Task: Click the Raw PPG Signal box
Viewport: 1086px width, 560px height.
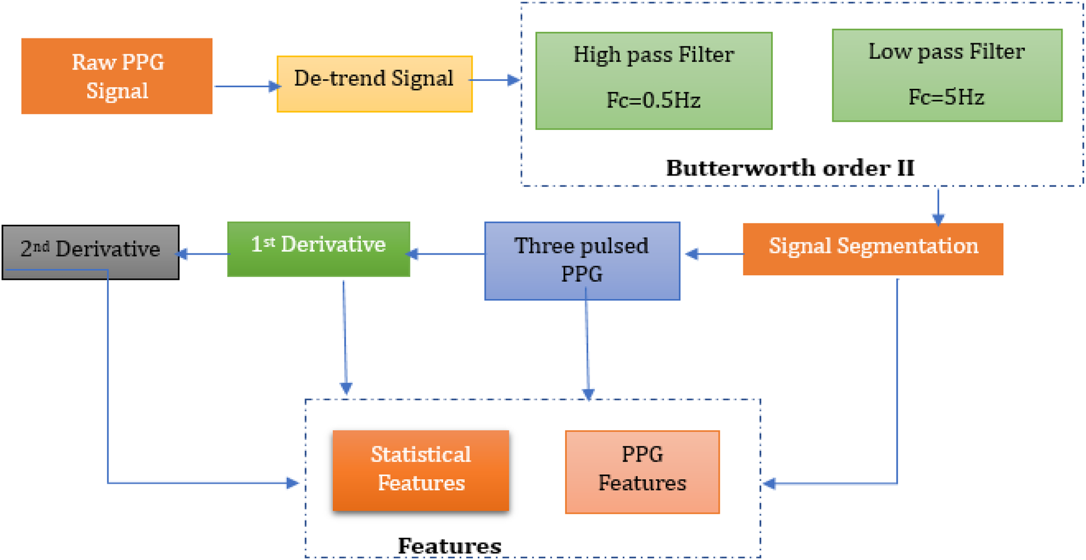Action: [117, 76]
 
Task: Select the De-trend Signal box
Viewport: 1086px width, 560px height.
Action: [374, 83]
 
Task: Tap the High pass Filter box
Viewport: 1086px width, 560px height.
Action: [653, 80]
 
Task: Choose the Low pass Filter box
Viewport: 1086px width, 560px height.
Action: [947, 75]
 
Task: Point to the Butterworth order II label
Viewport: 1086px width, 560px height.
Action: [790, 168]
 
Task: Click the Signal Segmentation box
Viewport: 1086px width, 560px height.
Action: [873, 248]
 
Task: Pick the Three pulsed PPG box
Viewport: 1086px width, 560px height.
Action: [582, 261]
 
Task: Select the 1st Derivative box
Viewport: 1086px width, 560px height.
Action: [319, 248]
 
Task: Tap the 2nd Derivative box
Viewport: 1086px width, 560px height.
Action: [90, 252]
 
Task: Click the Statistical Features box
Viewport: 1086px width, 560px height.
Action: [421, 470]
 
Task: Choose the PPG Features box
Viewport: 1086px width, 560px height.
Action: [642, 472]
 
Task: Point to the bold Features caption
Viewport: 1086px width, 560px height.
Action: [449, 546]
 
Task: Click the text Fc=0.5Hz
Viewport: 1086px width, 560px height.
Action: [653, 100]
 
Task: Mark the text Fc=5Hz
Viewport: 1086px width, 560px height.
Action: [946, 97]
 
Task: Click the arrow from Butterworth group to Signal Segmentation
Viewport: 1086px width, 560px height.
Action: [938, 205]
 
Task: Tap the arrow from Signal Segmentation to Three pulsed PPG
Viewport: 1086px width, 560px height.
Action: [714, 253]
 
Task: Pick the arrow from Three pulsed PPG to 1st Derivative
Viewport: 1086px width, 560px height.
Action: [447, 253]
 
